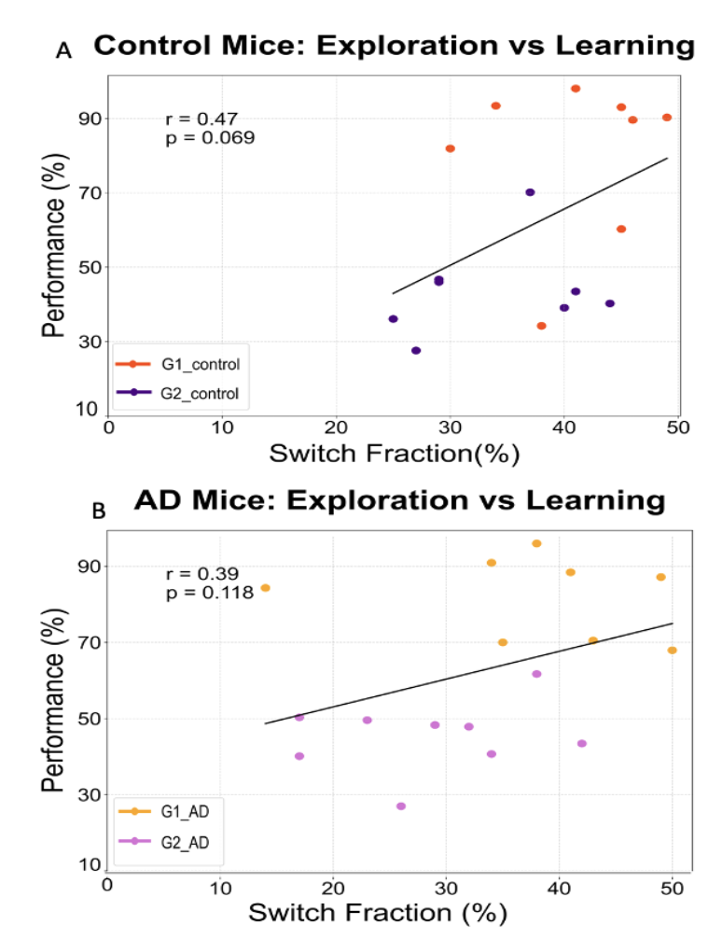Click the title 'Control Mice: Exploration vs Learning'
[x=395, y=46]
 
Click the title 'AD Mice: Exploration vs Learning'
[x=399, y=500]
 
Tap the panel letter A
[x=63, y=51]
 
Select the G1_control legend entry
[x=177, y=364]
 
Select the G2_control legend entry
[x=177, y=394]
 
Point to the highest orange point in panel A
[x=576, y=89]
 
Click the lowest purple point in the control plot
[x=416, y=351]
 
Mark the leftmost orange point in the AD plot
[x=265, y=588]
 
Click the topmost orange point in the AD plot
[x=536, y=543]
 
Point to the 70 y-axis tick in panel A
[x=87, y=193]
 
